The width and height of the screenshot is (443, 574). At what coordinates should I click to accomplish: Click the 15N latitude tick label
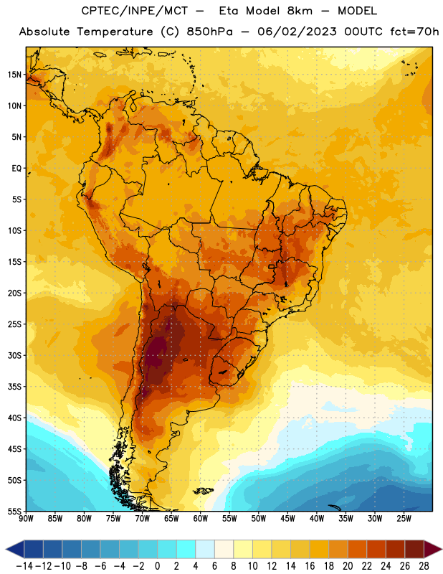point(14,75)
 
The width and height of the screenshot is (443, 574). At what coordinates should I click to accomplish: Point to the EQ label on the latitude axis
point(16,169)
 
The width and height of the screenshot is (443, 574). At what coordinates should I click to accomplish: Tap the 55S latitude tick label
point(14,511)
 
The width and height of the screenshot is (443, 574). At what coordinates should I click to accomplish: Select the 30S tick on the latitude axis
point(14,355)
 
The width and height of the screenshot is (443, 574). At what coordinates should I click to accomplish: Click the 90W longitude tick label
point(27,518)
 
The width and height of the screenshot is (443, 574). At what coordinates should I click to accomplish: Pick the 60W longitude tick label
point(201,518)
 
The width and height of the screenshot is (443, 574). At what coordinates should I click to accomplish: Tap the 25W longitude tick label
point(404,518)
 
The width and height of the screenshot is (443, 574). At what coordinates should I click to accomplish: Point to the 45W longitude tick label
point(287,518)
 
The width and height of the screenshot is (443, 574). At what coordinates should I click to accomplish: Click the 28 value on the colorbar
point(424,566)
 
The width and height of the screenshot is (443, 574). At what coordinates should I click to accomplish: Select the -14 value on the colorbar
point(24,566)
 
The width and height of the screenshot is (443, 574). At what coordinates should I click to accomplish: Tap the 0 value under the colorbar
point(157,566)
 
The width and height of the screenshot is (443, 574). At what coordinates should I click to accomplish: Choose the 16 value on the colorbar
point(310,566)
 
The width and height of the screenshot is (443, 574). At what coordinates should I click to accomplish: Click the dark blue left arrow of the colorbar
point(15,549)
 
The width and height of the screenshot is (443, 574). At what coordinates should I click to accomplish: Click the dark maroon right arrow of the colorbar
point(433,549)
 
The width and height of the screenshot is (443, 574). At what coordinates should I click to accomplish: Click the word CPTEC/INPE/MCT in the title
point(135,11)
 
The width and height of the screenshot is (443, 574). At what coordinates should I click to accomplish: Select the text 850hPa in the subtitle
point(209,32)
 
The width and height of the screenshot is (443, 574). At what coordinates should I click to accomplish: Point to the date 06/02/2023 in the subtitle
point(297,32)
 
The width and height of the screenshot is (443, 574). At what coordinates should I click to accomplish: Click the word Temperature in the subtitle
point(115,32)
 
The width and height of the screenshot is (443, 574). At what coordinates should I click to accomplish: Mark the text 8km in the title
point(300,11)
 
